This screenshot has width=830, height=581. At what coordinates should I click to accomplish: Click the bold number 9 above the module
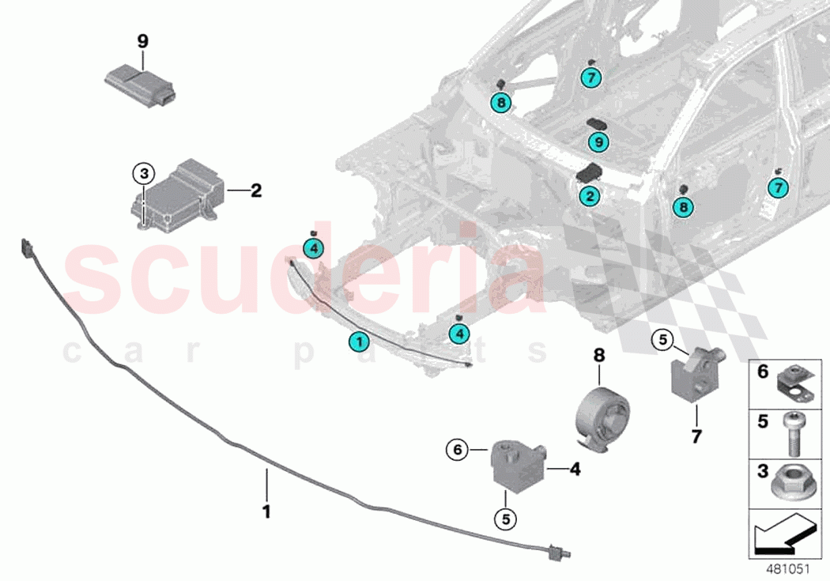pos(142,42)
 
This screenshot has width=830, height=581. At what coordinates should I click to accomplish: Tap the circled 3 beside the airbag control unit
pos(141,173)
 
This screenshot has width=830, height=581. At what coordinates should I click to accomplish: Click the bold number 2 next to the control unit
pos(255,191)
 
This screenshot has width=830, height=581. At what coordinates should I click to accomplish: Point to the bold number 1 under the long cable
pos(266,511)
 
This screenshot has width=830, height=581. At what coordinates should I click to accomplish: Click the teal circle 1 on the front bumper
pos(359,342)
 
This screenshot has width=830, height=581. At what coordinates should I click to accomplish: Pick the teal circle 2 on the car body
pos(589,195)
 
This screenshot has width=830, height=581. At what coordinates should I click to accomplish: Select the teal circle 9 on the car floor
pos(599,142)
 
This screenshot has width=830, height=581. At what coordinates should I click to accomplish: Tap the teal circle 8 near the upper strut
pos(500,102)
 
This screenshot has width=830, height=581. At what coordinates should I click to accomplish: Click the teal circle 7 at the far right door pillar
pos(779,187)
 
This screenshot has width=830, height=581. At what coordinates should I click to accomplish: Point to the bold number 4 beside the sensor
pos(575,469)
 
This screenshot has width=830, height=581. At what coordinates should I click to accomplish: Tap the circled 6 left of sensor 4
pos(456,451)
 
